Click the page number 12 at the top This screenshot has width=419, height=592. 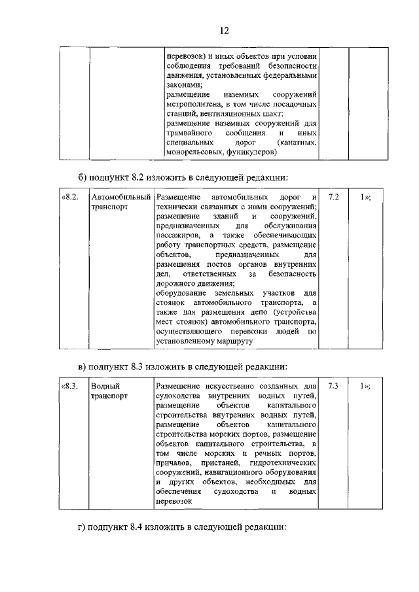click(223, 30)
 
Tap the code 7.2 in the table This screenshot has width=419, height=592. click(333, 197)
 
